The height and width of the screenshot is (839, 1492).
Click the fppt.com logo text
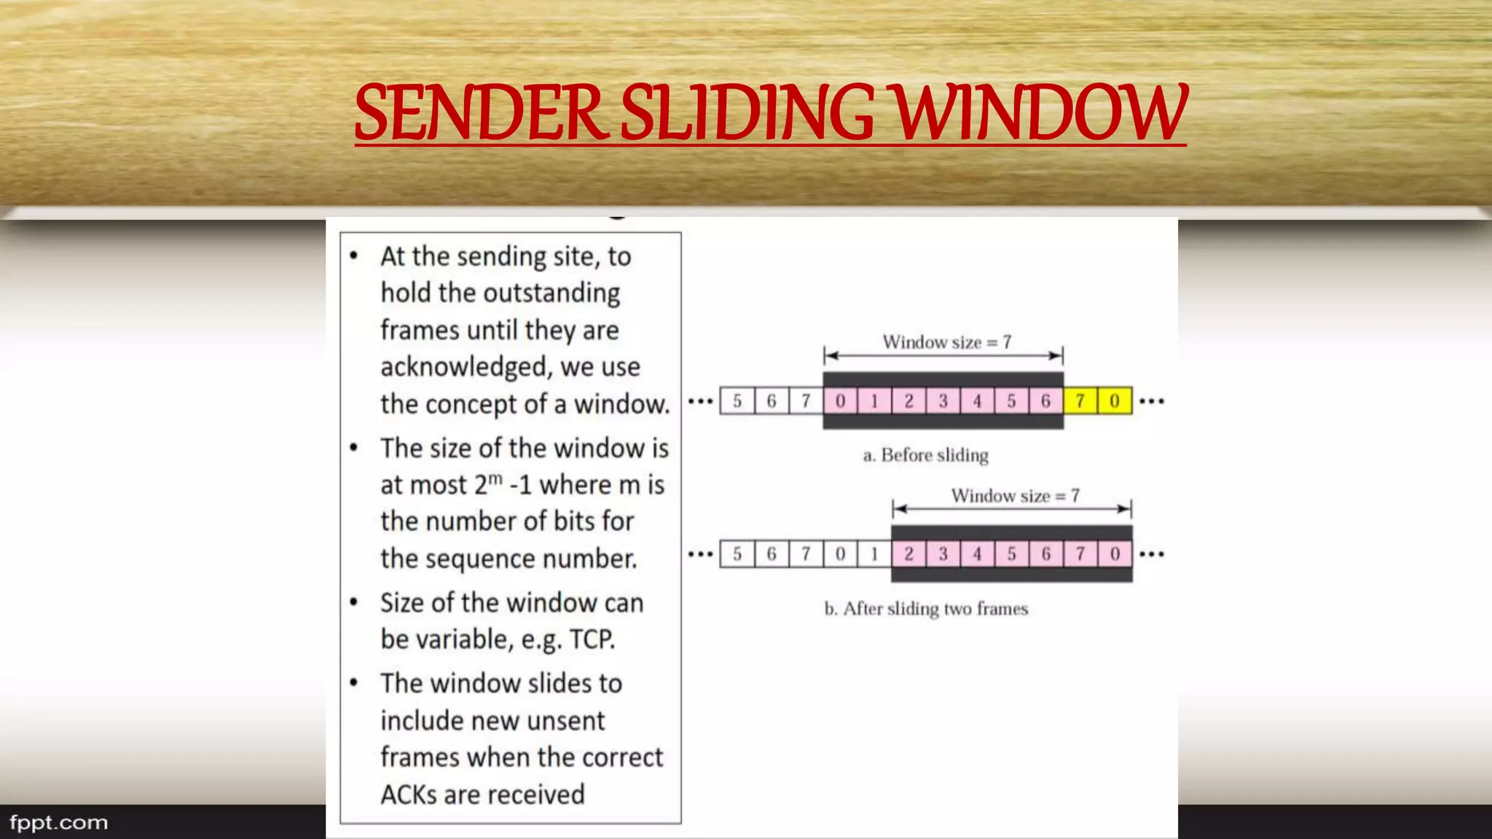(58, 823)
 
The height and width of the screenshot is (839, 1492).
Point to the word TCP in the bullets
(592, 639)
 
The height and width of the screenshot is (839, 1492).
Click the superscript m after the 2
(495, 478)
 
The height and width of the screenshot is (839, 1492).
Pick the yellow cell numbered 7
(1080, 401)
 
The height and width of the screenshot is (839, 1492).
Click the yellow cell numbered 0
(1115, 401)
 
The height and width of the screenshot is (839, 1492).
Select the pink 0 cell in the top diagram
(840, 401)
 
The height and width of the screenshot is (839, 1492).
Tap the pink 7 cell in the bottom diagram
(1080, 554)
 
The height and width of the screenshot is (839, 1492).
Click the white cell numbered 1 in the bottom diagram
(874, 554)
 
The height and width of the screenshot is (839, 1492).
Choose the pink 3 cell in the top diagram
(943, 401)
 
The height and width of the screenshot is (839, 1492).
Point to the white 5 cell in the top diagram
(737, 401)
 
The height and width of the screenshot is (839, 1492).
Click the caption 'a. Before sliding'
(925, 455)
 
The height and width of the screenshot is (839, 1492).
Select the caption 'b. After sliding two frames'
(926, 609)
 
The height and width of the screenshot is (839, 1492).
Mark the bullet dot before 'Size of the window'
(354, 602)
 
